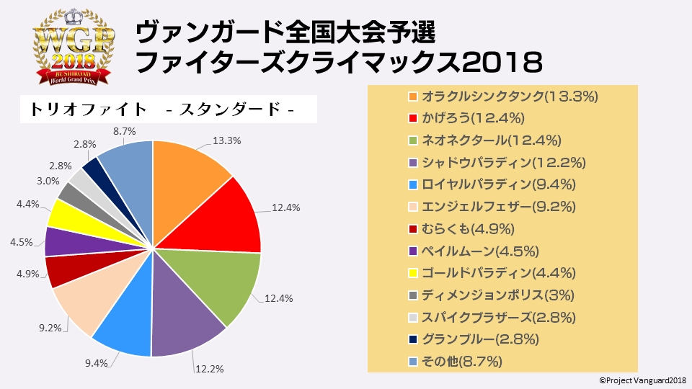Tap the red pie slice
tap(224, 216)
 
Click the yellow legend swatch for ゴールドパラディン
tap(412, 273)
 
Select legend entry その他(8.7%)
tap(462, 362)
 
